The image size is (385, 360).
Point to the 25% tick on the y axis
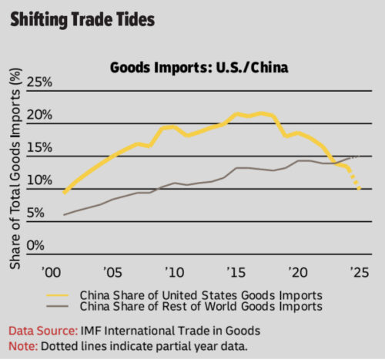(x=39, y=82)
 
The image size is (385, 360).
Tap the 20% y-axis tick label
(x=39, y=116)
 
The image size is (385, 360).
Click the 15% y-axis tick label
(x=39, y=148)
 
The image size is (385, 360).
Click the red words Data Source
(x=39, y=329)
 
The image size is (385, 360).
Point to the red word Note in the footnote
(x=22, y=344)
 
